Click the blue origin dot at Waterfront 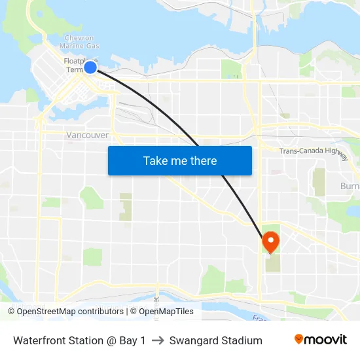point(90,67)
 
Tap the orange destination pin point(270,242)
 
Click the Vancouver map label point(87,135)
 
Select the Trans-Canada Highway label point(314,152)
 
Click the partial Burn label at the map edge point(350,187)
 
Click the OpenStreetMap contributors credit point(65,312)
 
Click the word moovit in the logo point(326,340)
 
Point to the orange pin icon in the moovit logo point(299,339)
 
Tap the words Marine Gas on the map point(80,46)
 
